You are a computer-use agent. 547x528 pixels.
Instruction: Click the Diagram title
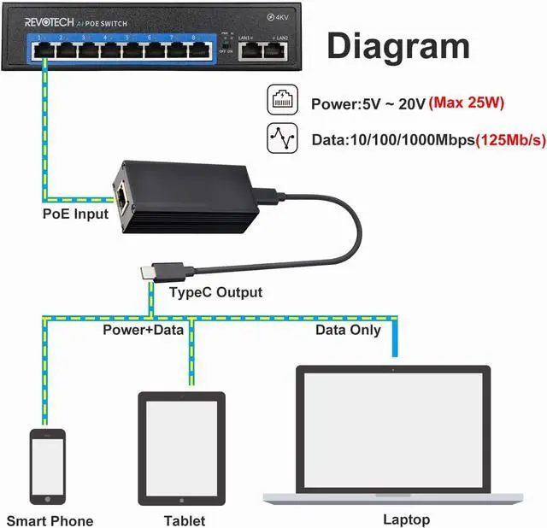tap(398, 46)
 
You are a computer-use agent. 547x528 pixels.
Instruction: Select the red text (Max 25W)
tap(468, 103)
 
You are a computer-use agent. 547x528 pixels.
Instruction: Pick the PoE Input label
tap(75, 213)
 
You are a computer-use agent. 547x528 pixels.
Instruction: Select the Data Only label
tap(348, 330)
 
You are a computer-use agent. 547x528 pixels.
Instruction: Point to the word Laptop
tap(406, 519)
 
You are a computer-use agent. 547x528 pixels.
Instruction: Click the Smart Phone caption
tap(50, 520)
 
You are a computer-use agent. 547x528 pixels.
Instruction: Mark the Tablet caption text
tap(185, 520)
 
